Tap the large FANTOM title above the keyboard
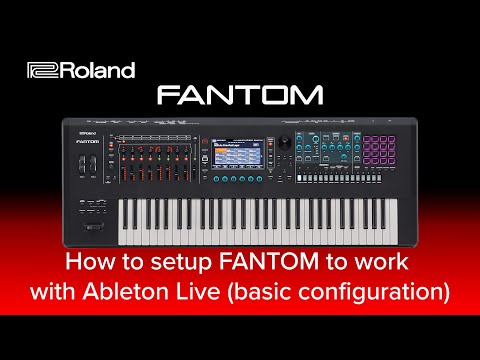click(240, 96)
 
